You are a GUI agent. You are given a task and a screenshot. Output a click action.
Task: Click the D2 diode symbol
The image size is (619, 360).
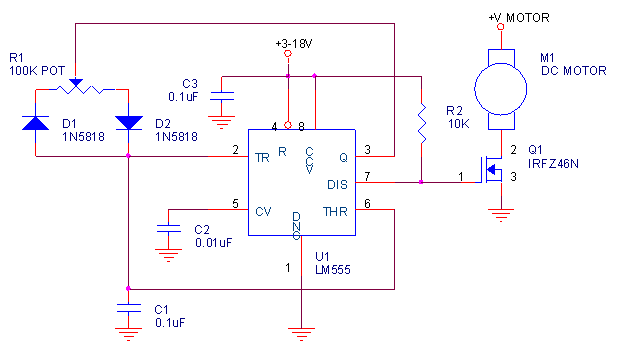[x=129, y=123]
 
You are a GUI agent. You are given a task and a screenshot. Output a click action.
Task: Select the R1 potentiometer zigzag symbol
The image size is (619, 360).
[x=82, y=89]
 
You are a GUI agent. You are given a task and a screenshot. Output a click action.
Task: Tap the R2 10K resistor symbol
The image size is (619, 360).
[x=422, y=122]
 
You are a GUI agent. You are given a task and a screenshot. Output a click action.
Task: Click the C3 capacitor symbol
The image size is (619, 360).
[x=224, y=97]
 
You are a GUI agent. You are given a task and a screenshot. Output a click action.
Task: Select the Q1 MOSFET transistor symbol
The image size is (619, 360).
[x=493, y=171]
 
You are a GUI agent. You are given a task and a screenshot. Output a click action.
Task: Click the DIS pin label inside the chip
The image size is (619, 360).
[x=339, y=183]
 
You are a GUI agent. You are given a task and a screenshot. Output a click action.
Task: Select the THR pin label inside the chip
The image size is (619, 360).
[x=336, y=211]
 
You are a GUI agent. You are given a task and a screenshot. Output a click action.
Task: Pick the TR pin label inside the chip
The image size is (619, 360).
[x=263, y=157]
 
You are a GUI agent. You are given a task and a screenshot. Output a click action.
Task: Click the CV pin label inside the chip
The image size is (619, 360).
[x=263, y=211]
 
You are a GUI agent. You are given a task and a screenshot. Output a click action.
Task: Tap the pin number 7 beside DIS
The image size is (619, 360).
[x=367, y=176]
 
